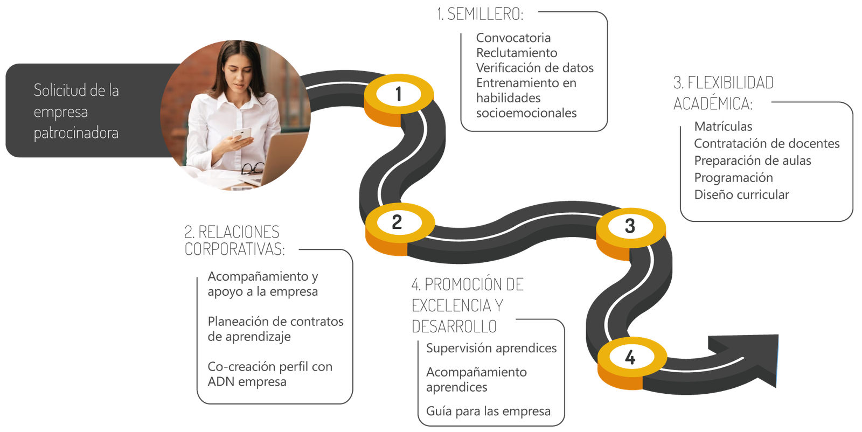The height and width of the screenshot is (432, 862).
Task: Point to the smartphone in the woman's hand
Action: click(241, 135)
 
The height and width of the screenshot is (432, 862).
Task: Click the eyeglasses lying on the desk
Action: click(252, 169)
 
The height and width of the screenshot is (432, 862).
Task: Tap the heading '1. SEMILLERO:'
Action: click(479, 15)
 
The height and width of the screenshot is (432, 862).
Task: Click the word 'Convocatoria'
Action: click(513, 38)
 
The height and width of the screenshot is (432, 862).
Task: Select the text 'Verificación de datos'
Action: click(534, 68)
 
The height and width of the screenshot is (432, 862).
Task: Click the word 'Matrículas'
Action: click(723, 127)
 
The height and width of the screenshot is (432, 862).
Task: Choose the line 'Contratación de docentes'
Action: click(767, 144)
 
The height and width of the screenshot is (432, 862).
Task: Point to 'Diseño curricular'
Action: click(741, 195)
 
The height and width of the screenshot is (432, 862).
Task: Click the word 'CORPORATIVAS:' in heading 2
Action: click(235, 249)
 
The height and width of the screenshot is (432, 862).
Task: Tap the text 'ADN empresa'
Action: click(247, 382)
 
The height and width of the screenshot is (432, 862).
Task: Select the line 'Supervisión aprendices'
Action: click(491, 349)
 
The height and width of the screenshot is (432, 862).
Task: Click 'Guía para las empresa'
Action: click(488, 412)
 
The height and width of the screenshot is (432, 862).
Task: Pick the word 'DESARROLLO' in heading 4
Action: click(455, 326)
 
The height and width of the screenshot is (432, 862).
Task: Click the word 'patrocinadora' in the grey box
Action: click(76, 133)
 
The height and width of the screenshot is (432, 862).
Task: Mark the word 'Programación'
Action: click(733, 178)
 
